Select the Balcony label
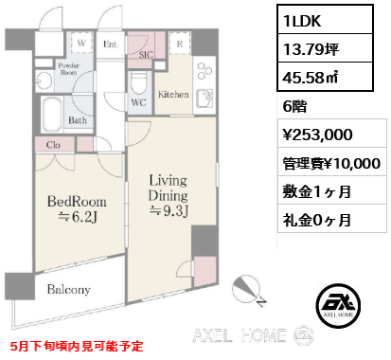click(64, 289)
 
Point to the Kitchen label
click(175, 96)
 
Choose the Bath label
click(78, 120)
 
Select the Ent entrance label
click(110, 44)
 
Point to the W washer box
click(82, 44)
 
